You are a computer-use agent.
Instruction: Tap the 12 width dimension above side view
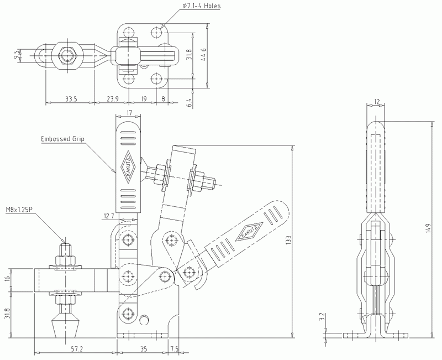point(377,101)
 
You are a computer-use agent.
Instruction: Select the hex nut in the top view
point(69,55)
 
